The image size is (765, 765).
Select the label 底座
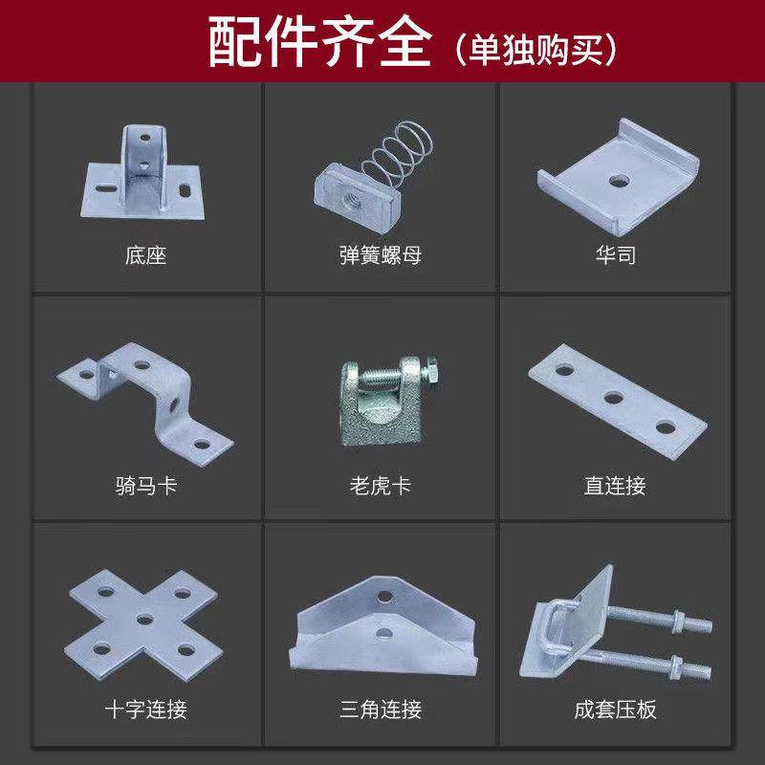[x=145, y=256]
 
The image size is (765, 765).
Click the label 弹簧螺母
[x=380, y=256]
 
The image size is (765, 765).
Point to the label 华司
[x=615, y=256]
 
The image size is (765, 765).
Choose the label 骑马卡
[x=145, y=486]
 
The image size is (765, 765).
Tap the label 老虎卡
[x=380, y=486]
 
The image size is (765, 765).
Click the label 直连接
[x=615, y=486]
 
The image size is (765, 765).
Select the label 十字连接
[x=145, y=710]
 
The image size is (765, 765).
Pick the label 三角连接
[x=380, y=710]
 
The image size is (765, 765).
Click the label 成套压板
[x=615, y=710]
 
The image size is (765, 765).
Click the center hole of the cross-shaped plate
[x=145, y=619]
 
